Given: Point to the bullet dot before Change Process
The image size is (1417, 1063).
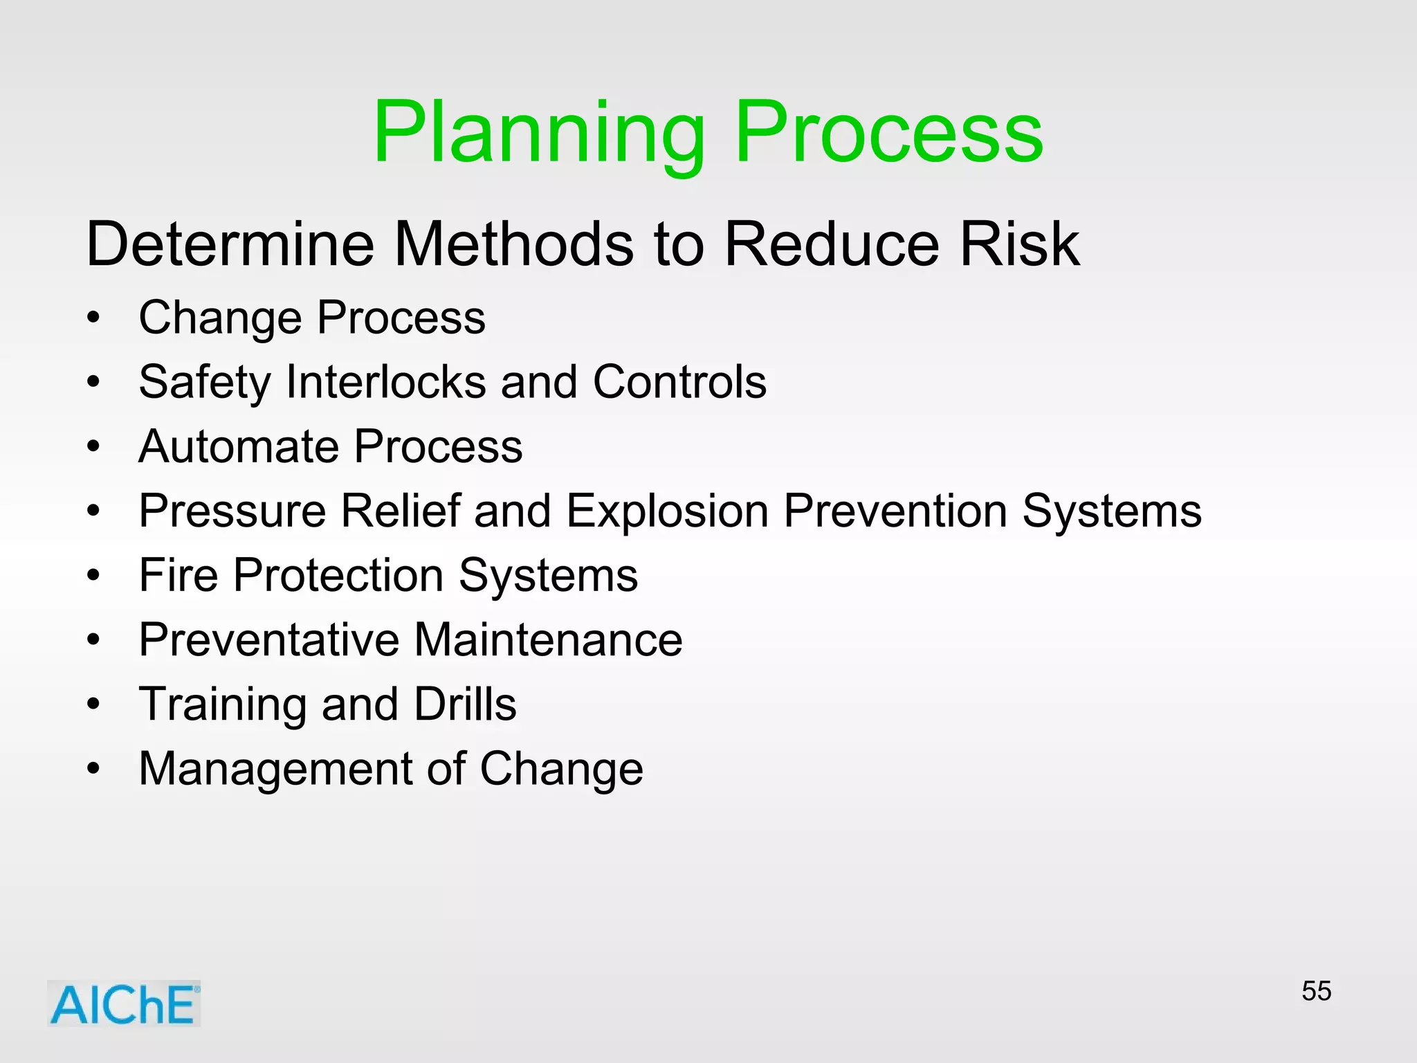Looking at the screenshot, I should [93, 319].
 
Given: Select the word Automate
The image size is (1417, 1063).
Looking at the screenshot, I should [239, 446].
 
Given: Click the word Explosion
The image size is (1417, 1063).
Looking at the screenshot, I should [667, 511].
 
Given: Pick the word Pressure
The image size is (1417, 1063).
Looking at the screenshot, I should [232, 511].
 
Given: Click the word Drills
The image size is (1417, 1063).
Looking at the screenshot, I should [465, 704].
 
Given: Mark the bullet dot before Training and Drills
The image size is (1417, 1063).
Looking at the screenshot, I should [93, 705].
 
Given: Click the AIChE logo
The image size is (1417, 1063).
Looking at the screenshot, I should [124, 1003].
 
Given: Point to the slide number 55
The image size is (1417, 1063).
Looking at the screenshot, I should [1316, 991].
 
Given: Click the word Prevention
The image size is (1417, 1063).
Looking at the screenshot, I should [895, 511].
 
